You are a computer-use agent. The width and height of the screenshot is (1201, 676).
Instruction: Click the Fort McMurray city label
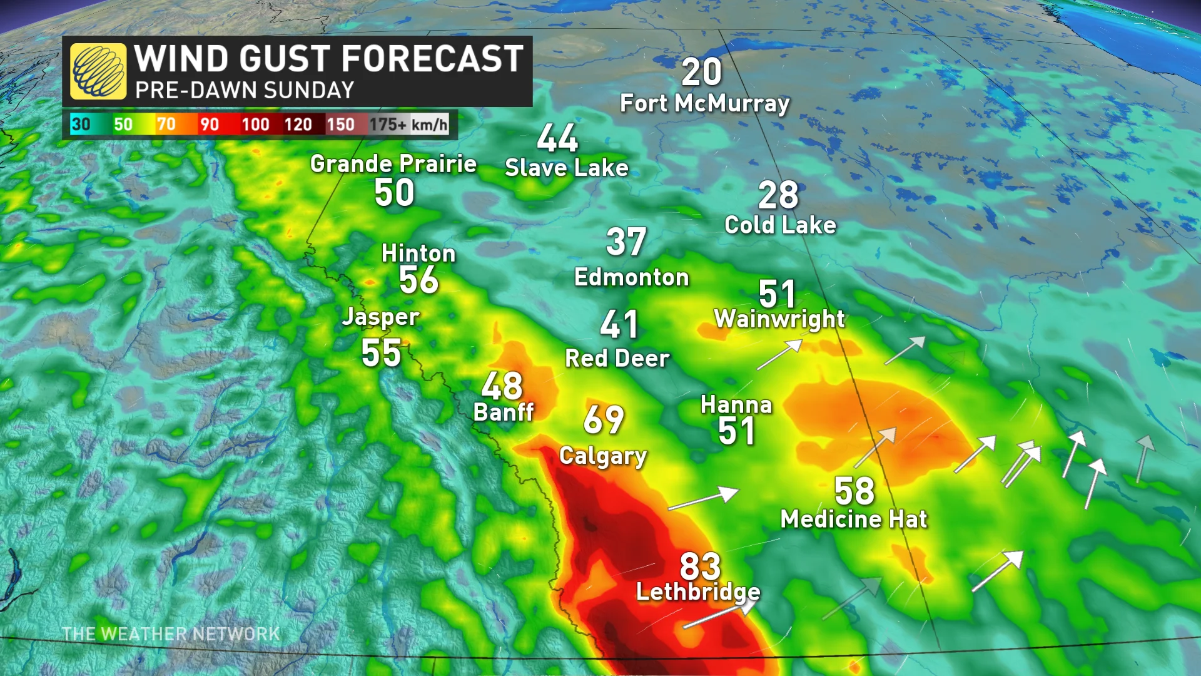pyautogui.click(x=704, y=103)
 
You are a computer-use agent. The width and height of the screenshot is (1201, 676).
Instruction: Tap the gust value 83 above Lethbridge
pyautogui.click(x=700, y=566)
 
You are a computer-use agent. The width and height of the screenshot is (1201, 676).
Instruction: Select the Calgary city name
pyautogui.click(x=602, y=456)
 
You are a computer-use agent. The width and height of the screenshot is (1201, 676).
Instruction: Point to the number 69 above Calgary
pyautogui.click(x=604, y=419)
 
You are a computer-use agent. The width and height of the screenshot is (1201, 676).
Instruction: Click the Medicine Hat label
pyautogui.click(x=854, y=520)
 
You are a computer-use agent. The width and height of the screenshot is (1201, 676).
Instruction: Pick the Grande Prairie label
pyautogui.click(x=393, y=164)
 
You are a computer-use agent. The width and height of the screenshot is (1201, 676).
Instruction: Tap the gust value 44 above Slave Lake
pyautogui.click(x=557, y=138)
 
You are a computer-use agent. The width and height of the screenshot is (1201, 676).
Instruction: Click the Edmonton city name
pyautogui.click(x=631, y=277)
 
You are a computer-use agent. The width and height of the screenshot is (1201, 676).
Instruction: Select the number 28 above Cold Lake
pyautogui.click(x=778, y=195)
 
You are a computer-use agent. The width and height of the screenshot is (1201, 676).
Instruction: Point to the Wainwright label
pyautogui.click(x=779, y=319)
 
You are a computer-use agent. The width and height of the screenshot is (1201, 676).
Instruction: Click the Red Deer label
pyautogui.click(x=617, y=359)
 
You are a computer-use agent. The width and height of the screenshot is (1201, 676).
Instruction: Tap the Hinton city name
pyautogui.click(x=418, y=253)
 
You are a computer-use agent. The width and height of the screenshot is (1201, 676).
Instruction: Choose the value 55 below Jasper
pyautogui.click(x=381, y=353)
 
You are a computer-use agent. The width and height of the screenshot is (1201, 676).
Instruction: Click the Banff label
pyautogui.click(x=504, y=412)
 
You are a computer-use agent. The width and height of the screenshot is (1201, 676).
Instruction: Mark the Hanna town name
pyautogui.click(x=736, y=405)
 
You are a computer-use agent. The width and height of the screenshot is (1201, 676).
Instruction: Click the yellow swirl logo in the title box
pyautogui.click(x=98, y=71)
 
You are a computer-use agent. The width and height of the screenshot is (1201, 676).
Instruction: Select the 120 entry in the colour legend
pyautogui.click(x=298, y=125)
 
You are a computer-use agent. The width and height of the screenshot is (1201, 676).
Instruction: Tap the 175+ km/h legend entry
pyautogui.click(x=408, y=125)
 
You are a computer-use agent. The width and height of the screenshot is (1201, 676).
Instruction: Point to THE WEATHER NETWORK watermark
pyautogui.click(x=171, y=634)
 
